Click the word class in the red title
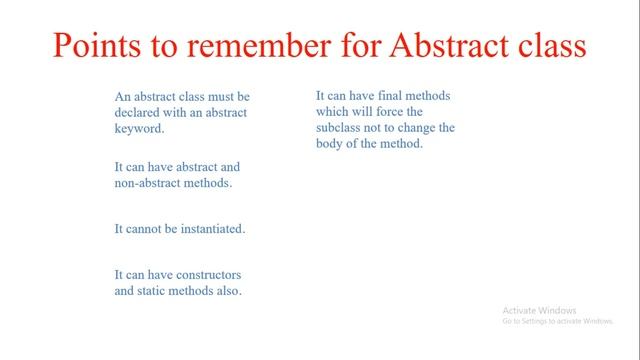point(549,47)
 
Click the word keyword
point(138,129)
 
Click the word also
point(229,291)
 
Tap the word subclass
point(340,128)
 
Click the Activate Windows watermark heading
point(539,310)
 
